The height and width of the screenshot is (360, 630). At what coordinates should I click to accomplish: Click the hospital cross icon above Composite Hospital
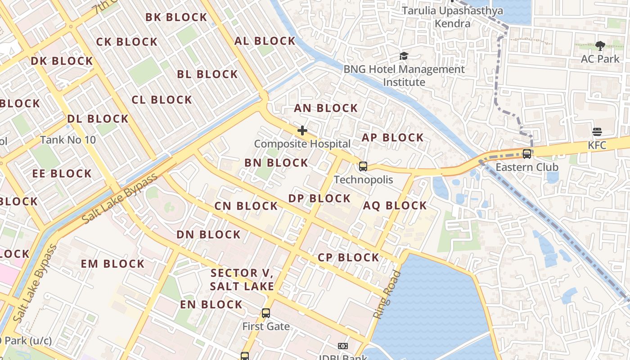coord(302,130)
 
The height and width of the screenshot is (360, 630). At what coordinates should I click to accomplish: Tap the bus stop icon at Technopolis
coord(363,166)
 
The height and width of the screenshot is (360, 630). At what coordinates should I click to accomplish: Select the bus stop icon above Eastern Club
coord(527,154)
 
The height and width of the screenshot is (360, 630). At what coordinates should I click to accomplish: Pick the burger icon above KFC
coord(597,132)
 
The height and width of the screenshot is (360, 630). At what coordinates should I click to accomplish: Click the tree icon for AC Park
coord(600,45)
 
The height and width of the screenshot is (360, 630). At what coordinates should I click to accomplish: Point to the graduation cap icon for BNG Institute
coord(404,56)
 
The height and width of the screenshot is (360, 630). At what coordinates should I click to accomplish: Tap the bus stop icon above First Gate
coord(266,313)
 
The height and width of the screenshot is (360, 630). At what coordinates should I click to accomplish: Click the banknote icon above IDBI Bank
coord(343,346)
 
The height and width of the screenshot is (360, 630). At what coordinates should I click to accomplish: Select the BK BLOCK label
coord(176,18)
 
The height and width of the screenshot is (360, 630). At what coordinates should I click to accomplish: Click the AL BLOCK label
coord(265,41)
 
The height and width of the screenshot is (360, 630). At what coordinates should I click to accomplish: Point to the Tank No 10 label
coord(68,140)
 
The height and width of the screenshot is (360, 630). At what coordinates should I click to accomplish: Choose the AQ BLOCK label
coord(395,206)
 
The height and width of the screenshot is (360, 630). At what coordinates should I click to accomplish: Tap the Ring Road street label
coord(387,295)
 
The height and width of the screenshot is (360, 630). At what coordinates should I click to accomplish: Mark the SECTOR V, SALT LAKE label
coord(242,279)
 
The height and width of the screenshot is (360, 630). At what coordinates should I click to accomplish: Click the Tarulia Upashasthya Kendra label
coord(452,17)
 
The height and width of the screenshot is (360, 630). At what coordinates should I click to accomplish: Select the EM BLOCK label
coord(112,264)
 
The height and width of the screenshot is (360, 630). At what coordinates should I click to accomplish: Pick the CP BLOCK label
coord(348,257)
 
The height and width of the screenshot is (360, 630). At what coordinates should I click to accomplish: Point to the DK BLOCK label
coord(62,61)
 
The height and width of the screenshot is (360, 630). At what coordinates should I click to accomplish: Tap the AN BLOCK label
coord(326,108)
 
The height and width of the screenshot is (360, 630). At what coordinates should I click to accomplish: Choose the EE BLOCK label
coord(62,173)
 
